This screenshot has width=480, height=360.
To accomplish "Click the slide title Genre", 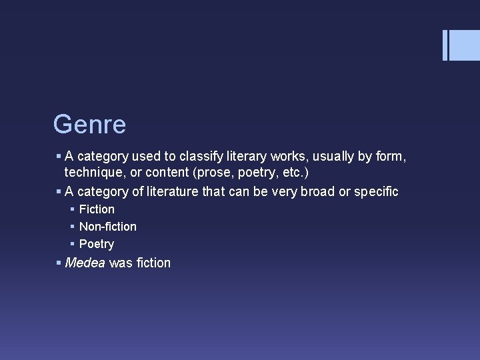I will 89,124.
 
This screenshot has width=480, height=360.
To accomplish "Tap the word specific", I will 376,192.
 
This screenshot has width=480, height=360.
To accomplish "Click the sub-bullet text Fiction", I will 97,209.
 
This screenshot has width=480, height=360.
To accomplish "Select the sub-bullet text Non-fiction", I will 107,227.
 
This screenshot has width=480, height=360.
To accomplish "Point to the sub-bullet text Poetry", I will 97,244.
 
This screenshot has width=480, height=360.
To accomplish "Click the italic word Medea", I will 85,263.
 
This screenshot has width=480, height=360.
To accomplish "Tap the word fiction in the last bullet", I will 153,263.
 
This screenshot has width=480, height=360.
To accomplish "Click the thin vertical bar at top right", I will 445,45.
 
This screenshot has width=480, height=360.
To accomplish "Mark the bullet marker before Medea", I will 59,263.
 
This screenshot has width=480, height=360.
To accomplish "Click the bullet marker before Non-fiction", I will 73,227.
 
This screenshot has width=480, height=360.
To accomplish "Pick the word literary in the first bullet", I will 246,157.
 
